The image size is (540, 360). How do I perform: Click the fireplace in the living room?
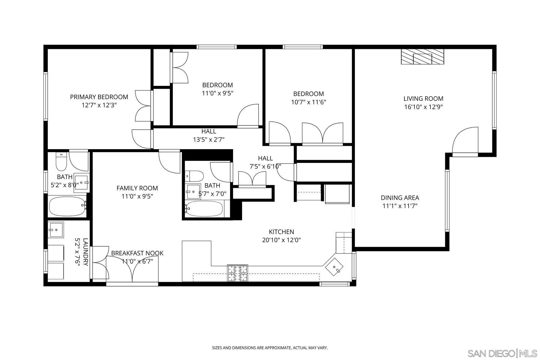pos(422,57)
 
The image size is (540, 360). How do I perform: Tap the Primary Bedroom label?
pos(99,97)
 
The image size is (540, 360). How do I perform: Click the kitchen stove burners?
pos(238,273)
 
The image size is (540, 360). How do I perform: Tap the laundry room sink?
pos(56,230)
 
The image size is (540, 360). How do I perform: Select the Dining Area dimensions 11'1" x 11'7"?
pos(400,206)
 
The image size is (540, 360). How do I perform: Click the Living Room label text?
pos(423,98)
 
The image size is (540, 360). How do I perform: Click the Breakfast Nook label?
pos(137,253)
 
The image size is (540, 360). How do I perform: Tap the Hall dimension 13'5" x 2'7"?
pos(208,139)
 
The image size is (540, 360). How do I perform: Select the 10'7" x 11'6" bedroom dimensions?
pos(308,102)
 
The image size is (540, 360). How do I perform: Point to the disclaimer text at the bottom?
pos(270,348)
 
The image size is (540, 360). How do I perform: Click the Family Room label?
pos(137,188)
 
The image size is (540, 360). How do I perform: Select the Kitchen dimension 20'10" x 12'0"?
pos(281,240)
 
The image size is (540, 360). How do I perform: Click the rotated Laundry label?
pos(85,252)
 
